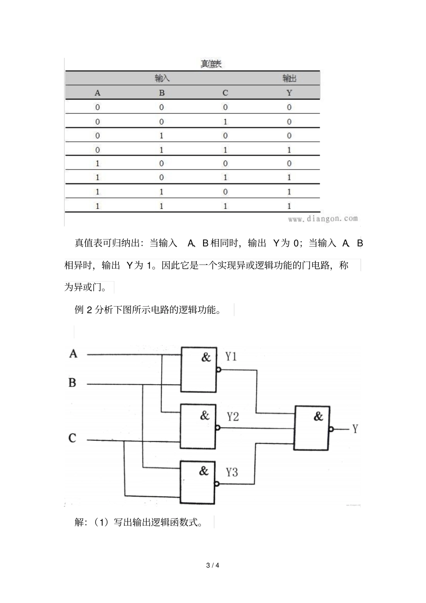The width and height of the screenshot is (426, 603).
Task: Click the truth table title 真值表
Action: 211,64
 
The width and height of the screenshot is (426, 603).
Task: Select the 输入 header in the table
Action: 162,78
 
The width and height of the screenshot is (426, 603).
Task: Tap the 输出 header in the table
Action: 289,78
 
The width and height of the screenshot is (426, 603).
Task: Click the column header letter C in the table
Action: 225,93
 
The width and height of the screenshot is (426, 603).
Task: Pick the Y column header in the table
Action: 289,93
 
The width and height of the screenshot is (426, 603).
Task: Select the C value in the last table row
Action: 225,206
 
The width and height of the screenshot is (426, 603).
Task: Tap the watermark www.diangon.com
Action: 323,219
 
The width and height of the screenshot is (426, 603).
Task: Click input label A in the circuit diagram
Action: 73,354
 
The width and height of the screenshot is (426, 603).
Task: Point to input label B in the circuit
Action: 72,383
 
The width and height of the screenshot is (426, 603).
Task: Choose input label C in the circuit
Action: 72,438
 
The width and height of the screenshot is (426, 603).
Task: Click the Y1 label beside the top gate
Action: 231,357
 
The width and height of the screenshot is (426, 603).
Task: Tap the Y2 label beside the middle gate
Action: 232,417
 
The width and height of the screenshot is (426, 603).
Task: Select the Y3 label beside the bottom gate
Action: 232,472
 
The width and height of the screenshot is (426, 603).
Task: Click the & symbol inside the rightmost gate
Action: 318,416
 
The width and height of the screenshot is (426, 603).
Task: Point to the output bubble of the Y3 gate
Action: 217,484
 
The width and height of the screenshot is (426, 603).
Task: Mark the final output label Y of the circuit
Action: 355,429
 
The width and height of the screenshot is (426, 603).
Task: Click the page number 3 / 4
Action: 213,565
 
